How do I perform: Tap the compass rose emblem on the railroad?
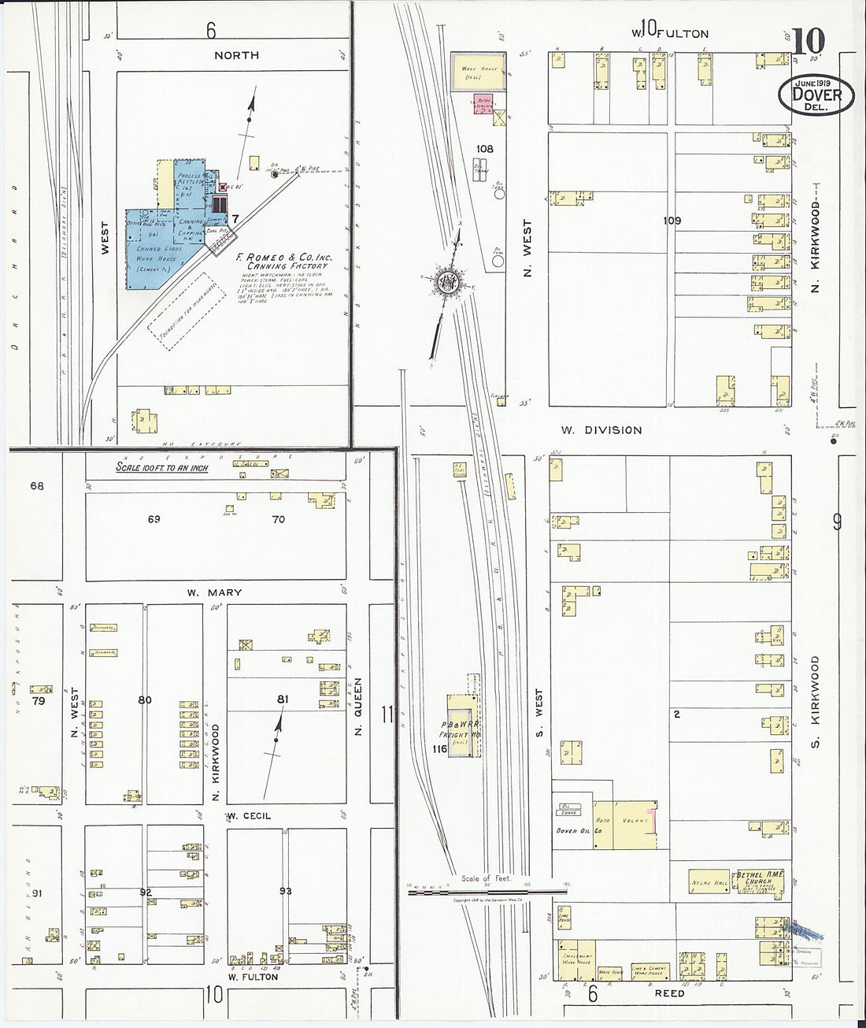(x=447, y=280)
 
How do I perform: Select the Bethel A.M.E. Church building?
(x=761, y=885)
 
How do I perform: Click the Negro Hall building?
(x=709, y=881)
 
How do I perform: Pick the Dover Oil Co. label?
(x=579, y=831)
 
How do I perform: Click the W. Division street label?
(x=601, y=430)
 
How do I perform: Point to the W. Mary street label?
(x=214, y=592)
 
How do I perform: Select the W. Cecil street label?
(x=249, y=815)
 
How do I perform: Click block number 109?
(x=671, y=221)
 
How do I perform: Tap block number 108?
(x=484, y=148)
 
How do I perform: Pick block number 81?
(x=283, y=698)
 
